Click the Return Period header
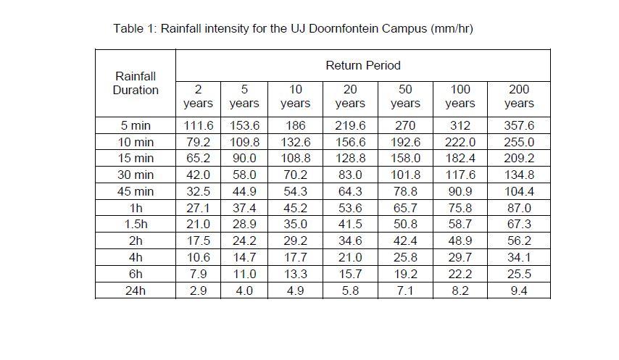pyautogui.click(x=362, y=65)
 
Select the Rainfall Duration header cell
pyautogui.click(x=135, y=83)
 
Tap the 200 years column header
pyautogui.click(x=519, y=96)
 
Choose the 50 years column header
pyautogui.click(x=405, y=96)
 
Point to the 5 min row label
pyautogui.click(x=136, y=125)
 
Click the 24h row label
pyautogui.click(x=136, y=290)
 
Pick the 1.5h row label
pyautogui.click(x=136, y=225)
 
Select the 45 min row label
pyautogui.click(x=136, y=191)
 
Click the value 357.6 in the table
pyautogui.click(x=519, y=125)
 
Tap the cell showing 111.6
pyautogui.click(x=198, y=125)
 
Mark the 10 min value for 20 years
pyautogui.click(x=350, y=142)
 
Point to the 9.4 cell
pyautogui.click(x=519, y=290)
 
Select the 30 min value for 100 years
pyautogui.click(x=460, y=175)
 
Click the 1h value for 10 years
pyautogui.click(x=295, y=208)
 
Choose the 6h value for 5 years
pyautogui.click(x=244, y=274)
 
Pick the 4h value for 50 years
pyautogui.click(x=405, y=257)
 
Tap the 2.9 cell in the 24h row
pyautogui.click(x=198, y=290)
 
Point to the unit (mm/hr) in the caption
pyautogui.click(x=452, y=29)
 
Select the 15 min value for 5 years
pyautogui.click(x=244, y=158)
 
